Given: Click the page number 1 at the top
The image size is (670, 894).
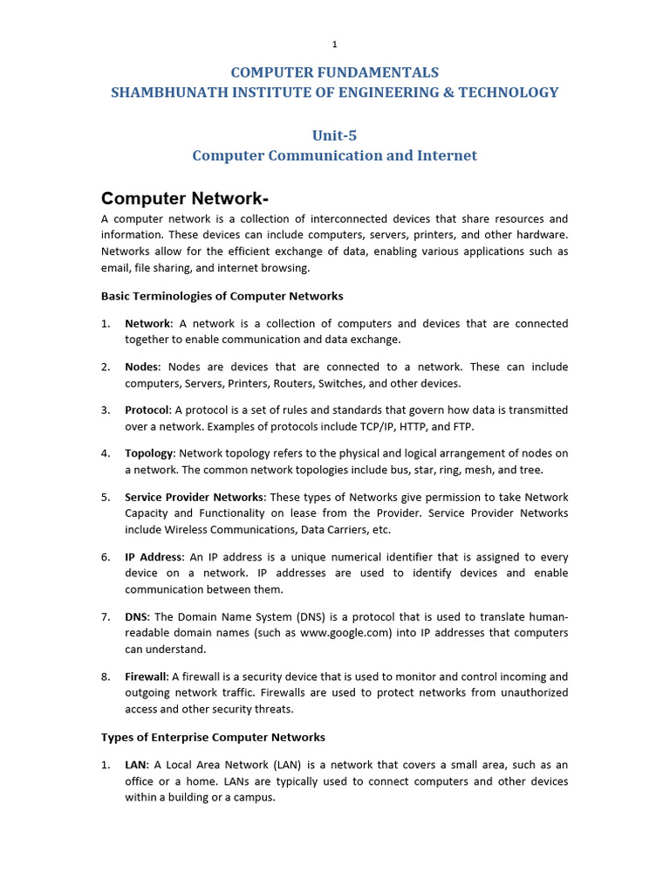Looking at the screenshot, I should (334, 44).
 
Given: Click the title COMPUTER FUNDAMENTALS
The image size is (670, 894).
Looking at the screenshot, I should (334, 72).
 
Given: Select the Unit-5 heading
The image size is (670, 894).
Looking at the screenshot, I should (334, 135).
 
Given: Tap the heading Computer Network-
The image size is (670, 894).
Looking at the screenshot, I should (179, 198).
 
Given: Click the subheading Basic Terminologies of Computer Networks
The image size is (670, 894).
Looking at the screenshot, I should (222, 296).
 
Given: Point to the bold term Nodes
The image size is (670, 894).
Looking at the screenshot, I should (142, 367).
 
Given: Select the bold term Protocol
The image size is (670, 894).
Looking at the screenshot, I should (147, 410).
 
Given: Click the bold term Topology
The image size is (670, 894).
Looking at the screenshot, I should (149, 453).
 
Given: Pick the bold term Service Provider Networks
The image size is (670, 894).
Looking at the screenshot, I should (194, 497).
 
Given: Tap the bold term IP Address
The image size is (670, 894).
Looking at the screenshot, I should (154, 557).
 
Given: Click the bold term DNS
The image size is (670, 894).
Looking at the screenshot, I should (136, 616).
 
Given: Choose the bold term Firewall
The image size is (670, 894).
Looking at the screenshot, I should (146, 677).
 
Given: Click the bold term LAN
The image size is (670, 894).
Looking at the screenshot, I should (136, 765).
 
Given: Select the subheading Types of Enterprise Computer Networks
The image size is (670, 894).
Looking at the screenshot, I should (213, 738).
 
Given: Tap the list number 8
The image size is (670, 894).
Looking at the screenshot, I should (105, 677).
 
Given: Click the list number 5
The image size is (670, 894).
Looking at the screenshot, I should (105, 497).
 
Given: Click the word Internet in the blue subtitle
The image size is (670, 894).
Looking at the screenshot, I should (446, 155).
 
